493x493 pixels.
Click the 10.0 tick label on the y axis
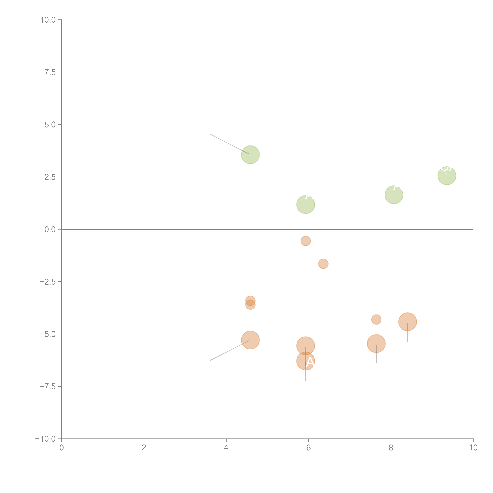click(x=48, y=20)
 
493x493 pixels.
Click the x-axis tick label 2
click(x=144, y=448)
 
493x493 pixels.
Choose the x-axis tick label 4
click(x=226, y=448)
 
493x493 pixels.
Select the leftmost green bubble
click(x=250, y=155)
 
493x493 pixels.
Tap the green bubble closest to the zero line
click(x=305, y=204)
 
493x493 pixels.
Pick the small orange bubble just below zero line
click(x=305, y=241)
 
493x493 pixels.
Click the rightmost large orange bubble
click(x=408, y=322)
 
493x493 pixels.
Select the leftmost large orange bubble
click(x=250, y=340)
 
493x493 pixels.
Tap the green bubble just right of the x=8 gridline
click(x=394, y=195)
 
